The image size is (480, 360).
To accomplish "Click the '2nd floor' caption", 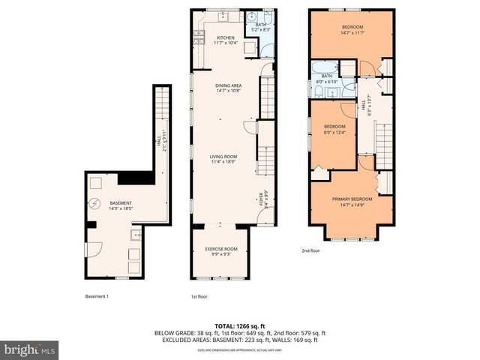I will (310, 250).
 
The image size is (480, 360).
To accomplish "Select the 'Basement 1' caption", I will (97, 296).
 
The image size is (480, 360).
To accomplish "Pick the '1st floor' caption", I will (199, 296).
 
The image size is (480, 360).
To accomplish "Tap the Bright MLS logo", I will (30, 349).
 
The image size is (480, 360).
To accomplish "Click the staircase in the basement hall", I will (160, 112).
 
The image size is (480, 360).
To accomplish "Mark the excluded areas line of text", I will (240, 340).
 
